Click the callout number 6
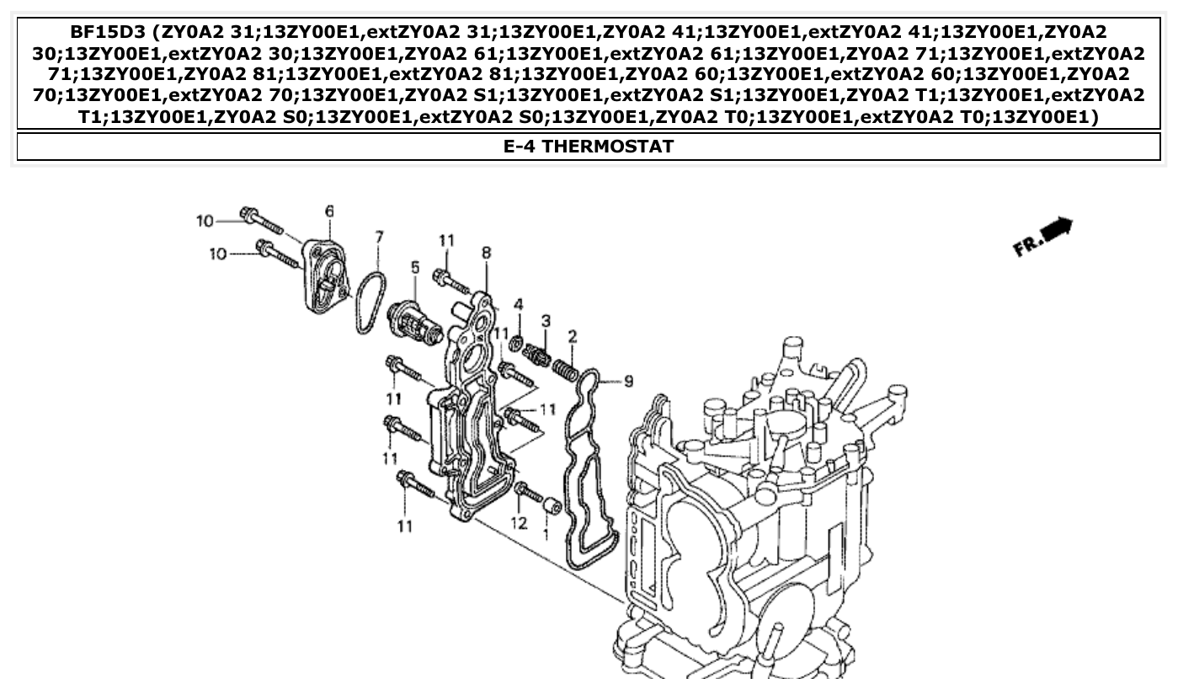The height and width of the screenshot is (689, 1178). [x=329, y=211]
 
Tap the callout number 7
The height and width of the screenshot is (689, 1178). [x=379, y=238]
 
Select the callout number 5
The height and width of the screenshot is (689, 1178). [x=414, y=267]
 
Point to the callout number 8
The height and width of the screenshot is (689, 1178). [x=486, y=252]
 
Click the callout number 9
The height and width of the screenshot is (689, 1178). [x=627, y=382]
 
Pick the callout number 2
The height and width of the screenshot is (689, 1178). [x=573, y=337]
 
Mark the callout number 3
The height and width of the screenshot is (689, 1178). [x=546, y=321]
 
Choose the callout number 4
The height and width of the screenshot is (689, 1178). [x=519, y=303]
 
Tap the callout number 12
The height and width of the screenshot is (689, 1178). [x=519, y=523]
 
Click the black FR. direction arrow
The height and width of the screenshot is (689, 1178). [x=1054, y=228]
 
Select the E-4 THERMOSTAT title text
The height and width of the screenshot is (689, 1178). [x=589, y=147]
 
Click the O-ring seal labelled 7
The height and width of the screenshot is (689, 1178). [x=369, y=302]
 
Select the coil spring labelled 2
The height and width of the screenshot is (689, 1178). [x=564, y=368]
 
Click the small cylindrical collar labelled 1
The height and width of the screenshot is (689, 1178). [x=552, y=506]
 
